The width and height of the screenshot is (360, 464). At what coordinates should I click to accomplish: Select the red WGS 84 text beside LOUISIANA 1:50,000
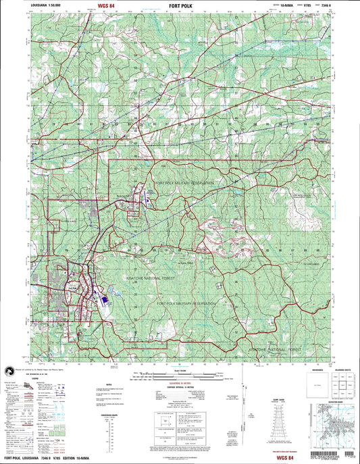[106, 5]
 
